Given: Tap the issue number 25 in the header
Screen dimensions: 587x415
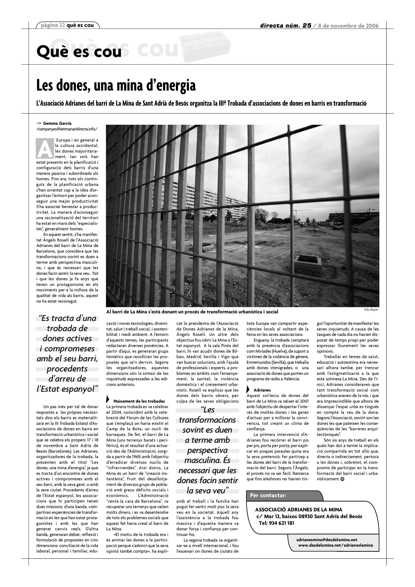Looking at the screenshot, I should [307, 26].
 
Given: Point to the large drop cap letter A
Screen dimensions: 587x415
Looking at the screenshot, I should [45, 149].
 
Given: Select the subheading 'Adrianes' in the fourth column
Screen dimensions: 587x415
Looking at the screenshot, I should [262, 390].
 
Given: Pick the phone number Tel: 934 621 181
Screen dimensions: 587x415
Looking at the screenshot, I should [276, 523].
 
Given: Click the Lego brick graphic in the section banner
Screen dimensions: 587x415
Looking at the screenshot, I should [205, 46].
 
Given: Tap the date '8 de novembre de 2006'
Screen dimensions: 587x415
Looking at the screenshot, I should [348, 26].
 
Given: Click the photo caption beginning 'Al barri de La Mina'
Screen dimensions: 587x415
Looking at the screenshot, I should [192, 312].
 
